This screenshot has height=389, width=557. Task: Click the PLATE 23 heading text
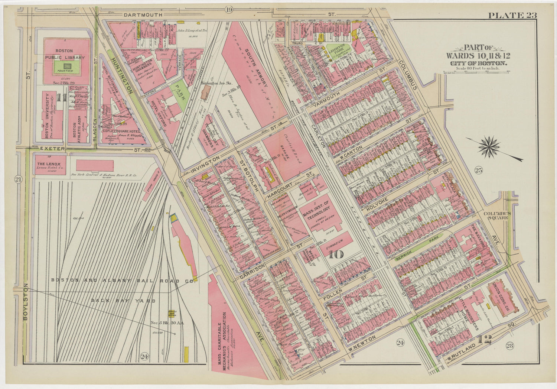pos(512,15)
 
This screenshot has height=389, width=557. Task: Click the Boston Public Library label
pos(65,54)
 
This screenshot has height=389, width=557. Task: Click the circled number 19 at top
pos(228,10)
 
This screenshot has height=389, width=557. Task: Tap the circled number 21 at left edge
pos(17,180)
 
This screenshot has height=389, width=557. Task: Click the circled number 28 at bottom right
pos(509,346)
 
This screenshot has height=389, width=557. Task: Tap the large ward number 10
pos(335,255)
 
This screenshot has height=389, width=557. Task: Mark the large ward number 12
pos(485,339)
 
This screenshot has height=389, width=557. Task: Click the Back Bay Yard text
pos(123,301)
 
